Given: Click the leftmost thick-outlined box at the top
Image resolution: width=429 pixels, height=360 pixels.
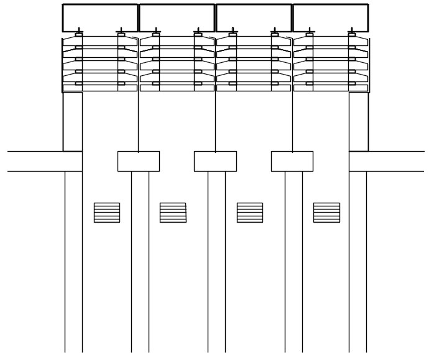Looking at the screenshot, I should pos(100,17).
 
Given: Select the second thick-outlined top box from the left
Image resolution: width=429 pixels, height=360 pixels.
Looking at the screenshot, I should pos(177,17).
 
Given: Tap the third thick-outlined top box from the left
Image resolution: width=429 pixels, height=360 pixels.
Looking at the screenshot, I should pos(254,17).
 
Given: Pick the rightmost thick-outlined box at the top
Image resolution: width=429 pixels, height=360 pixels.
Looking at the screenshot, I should pos(330,17).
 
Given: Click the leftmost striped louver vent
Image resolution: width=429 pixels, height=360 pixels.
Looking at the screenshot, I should pos(107,212).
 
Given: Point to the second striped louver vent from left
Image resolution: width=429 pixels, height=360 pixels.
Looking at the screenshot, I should pos(173,212).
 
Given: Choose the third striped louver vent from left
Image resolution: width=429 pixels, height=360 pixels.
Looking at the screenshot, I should pos(250,212).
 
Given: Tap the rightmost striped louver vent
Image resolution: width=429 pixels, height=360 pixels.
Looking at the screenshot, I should pos(326,212).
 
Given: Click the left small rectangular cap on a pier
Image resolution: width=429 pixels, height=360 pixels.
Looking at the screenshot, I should pos(139,161).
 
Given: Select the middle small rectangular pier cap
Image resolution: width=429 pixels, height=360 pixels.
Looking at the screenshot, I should pos(215,161).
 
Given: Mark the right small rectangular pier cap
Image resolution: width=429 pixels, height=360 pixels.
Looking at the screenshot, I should pos(292,161).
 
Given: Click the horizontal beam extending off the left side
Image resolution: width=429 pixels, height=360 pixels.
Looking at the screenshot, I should pos(44,161).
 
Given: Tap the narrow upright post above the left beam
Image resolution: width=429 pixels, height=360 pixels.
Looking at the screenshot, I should pos(73,121).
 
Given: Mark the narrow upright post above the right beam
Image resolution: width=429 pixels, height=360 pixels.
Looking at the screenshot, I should pos(359,121).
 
